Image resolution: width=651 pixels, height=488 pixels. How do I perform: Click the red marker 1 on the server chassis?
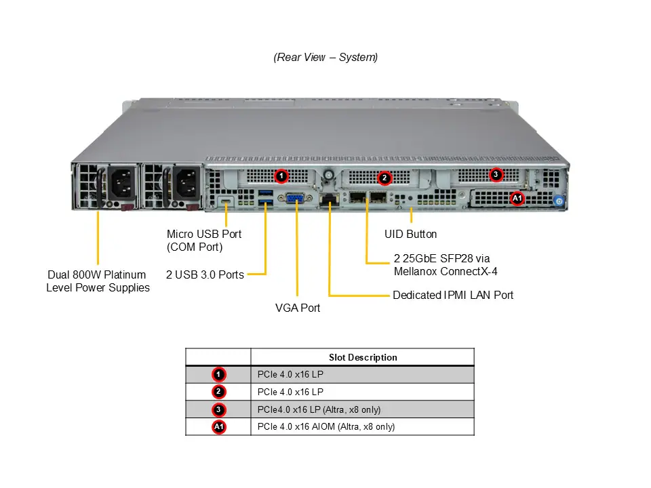click(281, 176)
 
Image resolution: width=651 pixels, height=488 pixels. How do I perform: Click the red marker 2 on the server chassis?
click(384, 178)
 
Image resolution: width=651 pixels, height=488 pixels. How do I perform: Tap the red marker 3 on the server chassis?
click(496, 175)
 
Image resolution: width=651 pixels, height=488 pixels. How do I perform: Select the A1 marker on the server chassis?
click(517, 199)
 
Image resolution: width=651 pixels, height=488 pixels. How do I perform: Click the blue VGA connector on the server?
click(295, 199)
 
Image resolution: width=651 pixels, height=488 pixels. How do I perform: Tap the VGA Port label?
click(298, 308)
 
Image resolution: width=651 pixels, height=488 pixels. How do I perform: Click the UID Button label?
click(410, 235)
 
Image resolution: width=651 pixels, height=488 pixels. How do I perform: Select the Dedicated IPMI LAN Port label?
click(453, 296)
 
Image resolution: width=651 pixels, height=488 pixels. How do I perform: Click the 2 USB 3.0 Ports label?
click(205, 275)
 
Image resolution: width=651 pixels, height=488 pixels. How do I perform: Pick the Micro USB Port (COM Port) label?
click(204, 241)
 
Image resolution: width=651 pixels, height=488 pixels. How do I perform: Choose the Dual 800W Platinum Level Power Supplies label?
click(98, 281)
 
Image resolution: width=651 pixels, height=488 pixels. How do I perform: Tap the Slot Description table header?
click(363, 357)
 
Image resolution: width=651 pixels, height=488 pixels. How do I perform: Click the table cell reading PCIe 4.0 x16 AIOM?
click(326, 427)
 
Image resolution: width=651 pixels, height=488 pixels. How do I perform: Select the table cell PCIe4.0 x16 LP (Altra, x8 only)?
click(319, 409)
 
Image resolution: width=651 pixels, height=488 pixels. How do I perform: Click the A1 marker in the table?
click(218, 427)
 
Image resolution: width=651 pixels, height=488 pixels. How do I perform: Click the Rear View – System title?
click(325, 58)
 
